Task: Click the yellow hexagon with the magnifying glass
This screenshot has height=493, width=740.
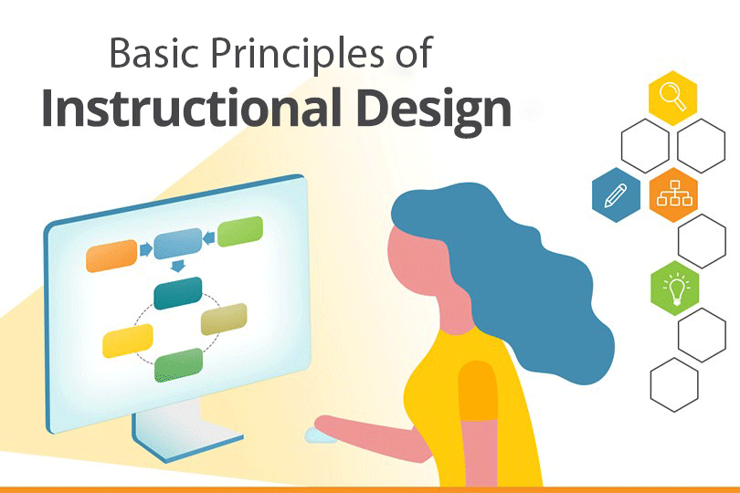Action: click(672, 98)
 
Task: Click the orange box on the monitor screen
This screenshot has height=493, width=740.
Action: click(111, 256)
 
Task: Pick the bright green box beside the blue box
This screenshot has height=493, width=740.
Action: click(240, 231)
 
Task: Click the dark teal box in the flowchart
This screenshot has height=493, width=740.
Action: click(177, 293)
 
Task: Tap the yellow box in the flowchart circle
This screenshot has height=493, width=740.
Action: click(128, 340)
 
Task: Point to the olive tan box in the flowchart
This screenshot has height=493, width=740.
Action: click(224, 318)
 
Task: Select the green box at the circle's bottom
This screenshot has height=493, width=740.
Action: click(178, 365)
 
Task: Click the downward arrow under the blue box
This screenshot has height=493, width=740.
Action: click(177, 266)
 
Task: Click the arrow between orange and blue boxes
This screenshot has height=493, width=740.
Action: click(144, 248)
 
